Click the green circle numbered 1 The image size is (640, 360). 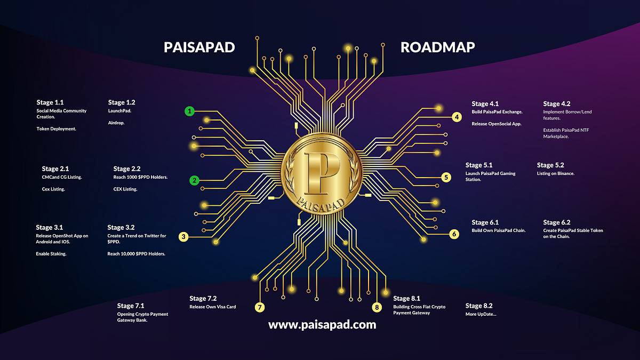tap(189, 111)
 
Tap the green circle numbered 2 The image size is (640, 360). tap(195, 180)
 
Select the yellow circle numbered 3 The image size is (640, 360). tap(183, 237)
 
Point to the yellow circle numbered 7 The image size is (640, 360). tap(260, 307)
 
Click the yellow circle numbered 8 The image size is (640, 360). tap(378, 307)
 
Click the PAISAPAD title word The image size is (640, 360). tap(199, 48)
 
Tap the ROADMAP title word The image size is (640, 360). tap(437, 48)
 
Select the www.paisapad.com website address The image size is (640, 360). tap(322, 324)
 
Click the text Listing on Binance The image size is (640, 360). tap(555, 174)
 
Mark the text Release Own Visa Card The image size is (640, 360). tap(212, 307)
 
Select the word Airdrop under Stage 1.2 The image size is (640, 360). tap(117, 123)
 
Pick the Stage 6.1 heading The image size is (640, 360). tap(485, 222)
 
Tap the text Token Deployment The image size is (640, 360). tap(57, 129)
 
